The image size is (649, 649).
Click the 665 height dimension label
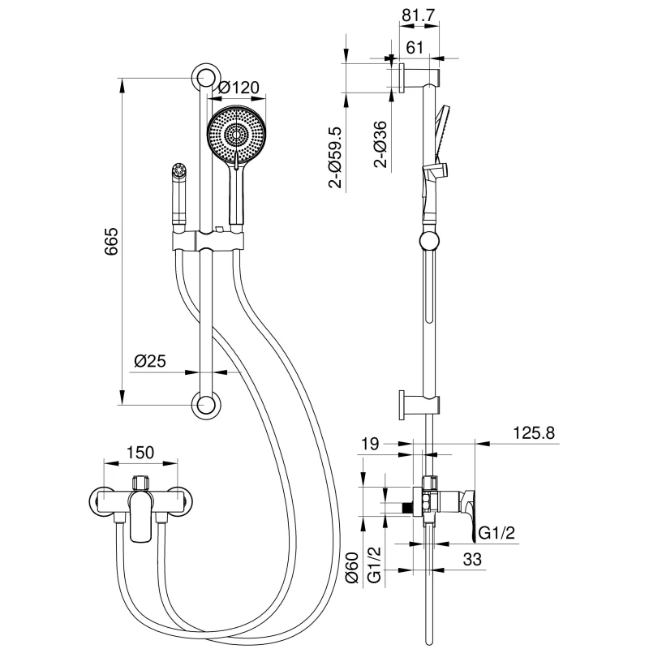[x=112, y=242]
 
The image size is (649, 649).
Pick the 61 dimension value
[x=416, y=48]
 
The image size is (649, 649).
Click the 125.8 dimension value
[x=533, y=433]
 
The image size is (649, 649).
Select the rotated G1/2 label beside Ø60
[x=374, y=565]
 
